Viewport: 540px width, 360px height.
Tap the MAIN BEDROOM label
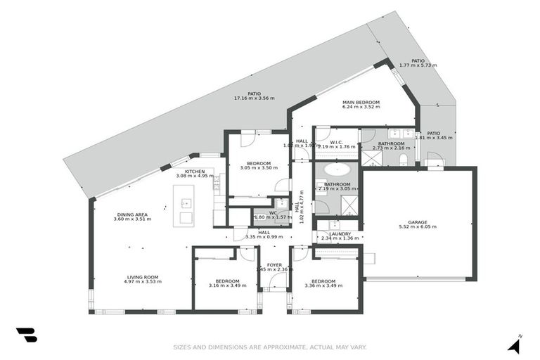361,103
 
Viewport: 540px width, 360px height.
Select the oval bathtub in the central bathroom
336,169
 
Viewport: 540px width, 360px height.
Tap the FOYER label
274,265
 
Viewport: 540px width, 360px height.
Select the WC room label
272,212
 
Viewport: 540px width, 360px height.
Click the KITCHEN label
195,172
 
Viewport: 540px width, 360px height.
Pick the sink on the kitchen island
186,204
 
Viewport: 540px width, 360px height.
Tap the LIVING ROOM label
143,277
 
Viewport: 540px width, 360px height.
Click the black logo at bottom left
26,335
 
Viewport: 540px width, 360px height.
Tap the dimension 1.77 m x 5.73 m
418,65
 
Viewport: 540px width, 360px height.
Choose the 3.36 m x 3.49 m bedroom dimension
323,285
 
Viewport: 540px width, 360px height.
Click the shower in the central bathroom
348,205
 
